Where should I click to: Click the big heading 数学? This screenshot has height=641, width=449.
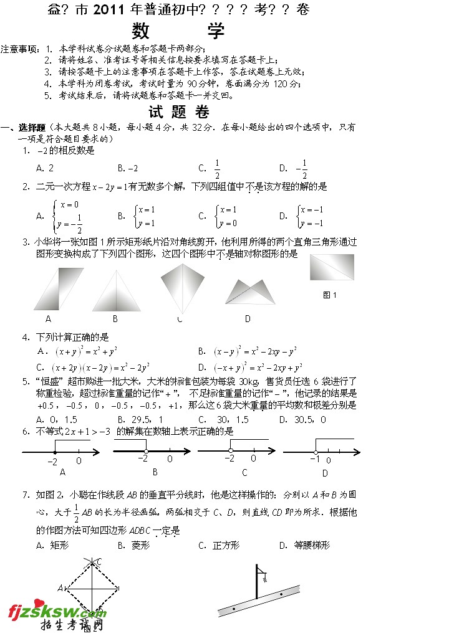click(179, 31)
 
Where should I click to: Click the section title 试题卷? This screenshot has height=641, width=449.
click(179, 113)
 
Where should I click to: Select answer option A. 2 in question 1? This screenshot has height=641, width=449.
click(45, 168)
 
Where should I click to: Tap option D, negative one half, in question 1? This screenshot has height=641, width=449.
click(294, 168)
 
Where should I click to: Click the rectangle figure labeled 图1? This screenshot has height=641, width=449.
click(332, 267)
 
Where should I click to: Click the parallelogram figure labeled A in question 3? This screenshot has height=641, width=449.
click(59, 288)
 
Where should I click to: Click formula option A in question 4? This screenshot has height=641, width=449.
click(78, 351)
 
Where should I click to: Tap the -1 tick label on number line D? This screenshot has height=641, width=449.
click(315, 459)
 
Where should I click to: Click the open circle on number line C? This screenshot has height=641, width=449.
click(231, 450)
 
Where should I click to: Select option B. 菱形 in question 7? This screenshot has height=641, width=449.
click(128, 545)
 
